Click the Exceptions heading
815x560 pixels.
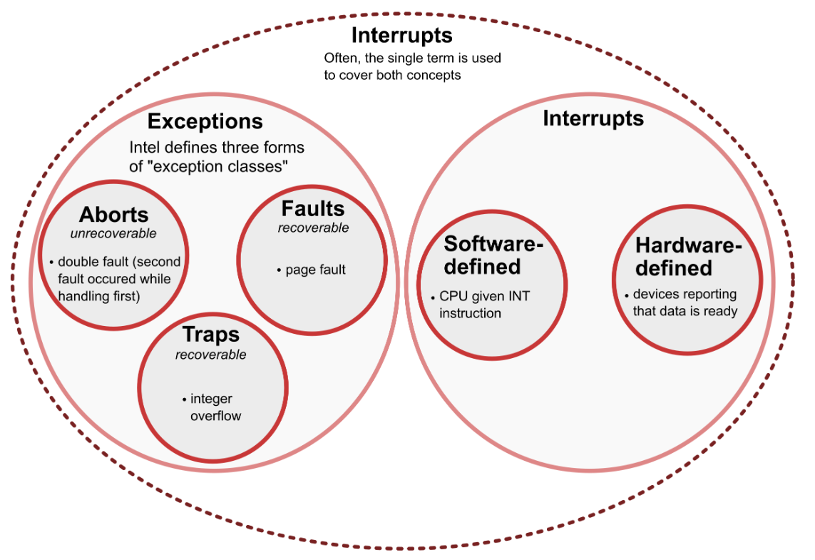(205, 122)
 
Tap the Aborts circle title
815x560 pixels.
(114, 214)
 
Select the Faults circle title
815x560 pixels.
(313, 208)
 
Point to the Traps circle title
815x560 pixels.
(211, 335)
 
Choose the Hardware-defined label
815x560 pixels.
(688, 257)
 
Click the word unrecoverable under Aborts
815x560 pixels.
(113, 233)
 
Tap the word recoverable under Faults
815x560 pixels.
(314, 228)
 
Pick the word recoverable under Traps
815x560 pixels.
(210, 355)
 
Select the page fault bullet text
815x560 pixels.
(315, 270)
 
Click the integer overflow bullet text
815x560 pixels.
(216, 407)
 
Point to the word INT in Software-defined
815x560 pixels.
(518, 296)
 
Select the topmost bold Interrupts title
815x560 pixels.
(401, 36)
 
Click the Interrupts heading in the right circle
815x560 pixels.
(593, 118)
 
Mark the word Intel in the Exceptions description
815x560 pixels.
(145, 148)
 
